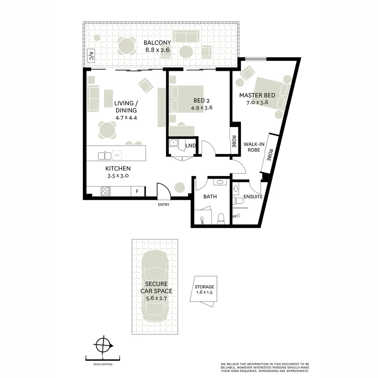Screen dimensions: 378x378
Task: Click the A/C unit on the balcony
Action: coord(91,56)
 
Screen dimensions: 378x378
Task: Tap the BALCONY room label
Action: coord(157,43)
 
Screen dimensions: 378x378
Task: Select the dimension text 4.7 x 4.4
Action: coord(126,118)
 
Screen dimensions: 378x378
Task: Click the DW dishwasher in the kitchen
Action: coord(117,155)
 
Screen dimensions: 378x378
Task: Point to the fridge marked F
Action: coord(137,191)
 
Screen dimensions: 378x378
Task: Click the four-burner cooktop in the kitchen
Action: coord(106,191)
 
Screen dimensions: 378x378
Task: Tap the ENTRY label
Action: coord(164,205)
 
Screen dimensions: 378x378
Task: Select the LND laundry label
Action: coord(190,146)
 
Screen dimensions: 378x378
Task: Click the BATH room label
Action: coord(210,197)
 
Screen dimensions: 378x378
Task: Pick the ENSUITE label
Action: coord(253,197)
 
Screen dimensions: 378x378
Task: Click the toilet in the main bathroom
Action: coord(221,219)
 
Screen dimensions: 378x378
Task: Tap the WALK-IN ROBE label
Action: coord(254,147)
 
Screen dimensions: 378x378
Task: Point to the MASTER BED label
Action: coord(257,95)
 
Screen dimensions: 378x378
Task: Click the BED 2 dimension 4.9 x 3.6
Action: coord(202,108)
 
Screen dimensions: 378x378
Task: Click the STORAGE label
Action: coord(204,287)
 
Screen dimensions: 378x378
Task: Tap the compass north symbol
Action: coord(103,345)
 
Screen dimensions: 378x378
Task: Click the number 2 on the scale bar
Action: coord(120,356)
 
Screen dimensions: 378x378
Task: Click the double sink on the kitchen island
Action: coord(105,156)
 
